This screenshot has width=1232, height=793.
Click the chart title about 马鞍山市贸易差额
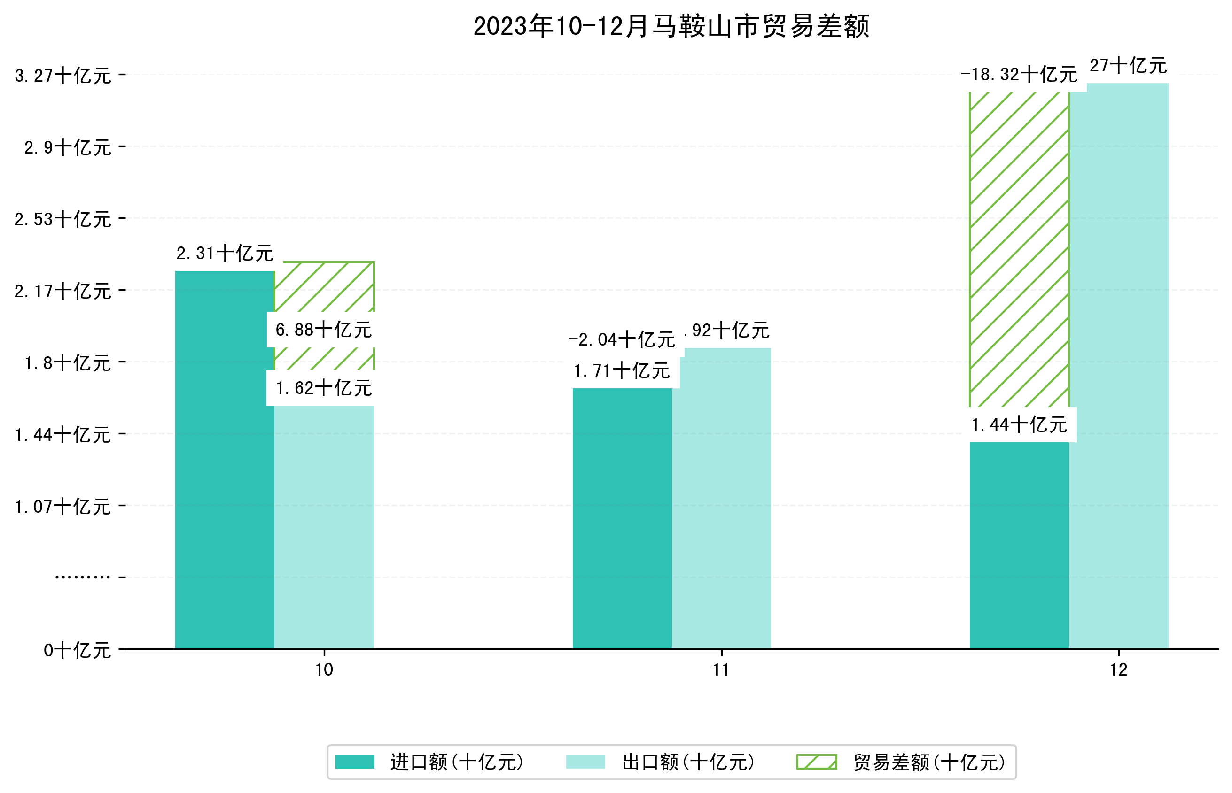(x=671, y=26)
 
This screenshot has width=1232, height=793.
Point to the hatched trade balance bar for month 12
(x=1019, y=247)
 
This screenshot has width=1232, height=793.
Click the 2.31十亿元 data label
(x=225, y=254)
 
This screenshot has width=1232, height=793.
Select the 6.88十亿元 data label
(x=323, y=330)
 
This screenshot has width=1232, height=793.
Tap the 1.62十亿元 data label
(x=323, y=388)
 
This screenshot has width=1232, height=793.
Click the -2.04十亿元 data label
(x=622, y=340)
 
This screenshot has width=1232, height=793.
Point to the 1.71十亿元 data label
(x=622, y=371)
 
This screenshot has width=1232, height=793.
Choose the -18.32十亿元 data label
(x=1019, y=75)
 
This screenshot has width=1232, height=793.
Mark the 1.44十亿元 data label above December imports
(x=1019, y=425)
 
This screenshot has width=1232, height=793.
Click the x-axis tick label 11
(x=721, y=670)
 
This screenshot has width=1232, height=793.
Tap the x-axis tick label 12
(x=1119, y=670)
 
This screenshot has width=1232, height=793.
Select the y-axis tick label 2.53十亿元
(x=63, y=219)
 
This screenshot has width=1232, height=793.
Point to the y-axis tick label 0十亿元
(x=77, y=650)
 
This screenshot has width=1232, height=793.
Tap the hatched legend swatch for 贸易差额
(x=816, y=762)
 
